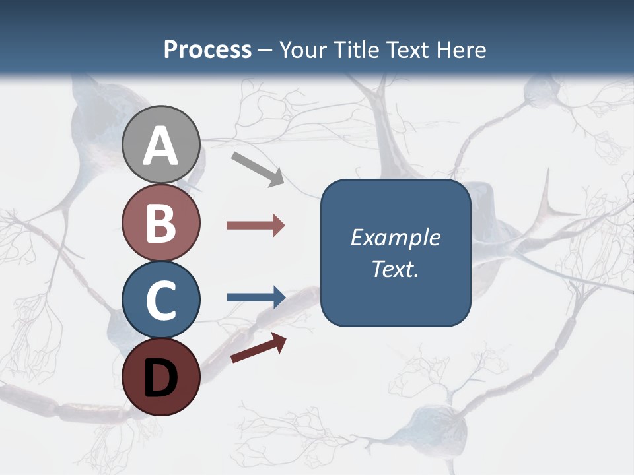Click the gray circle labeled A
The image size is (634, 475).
click(x=160, y=144)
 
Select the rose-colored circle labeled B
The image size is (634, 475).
click(x=160, y=222)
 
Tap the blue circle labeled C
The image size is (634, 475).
click(x=160, y=300)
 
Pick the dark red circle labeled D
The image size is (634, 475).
click(x=160, y=377)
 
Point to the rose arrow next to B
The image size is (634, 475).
click(x=256, y=226)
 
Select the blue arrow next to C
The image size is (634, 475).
click(x=256, y=297)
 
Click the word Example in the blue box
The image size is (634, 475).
click(x=395, y=237)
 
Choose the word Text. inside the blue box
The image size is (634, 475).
click(x=395, y=269)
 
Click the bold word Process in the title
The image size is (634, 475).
click(x=207, y=49)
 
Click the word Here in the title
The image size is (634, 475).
click(x=465, y=49)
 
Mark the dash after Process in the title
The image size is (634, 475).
click(x=265, y=50)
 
